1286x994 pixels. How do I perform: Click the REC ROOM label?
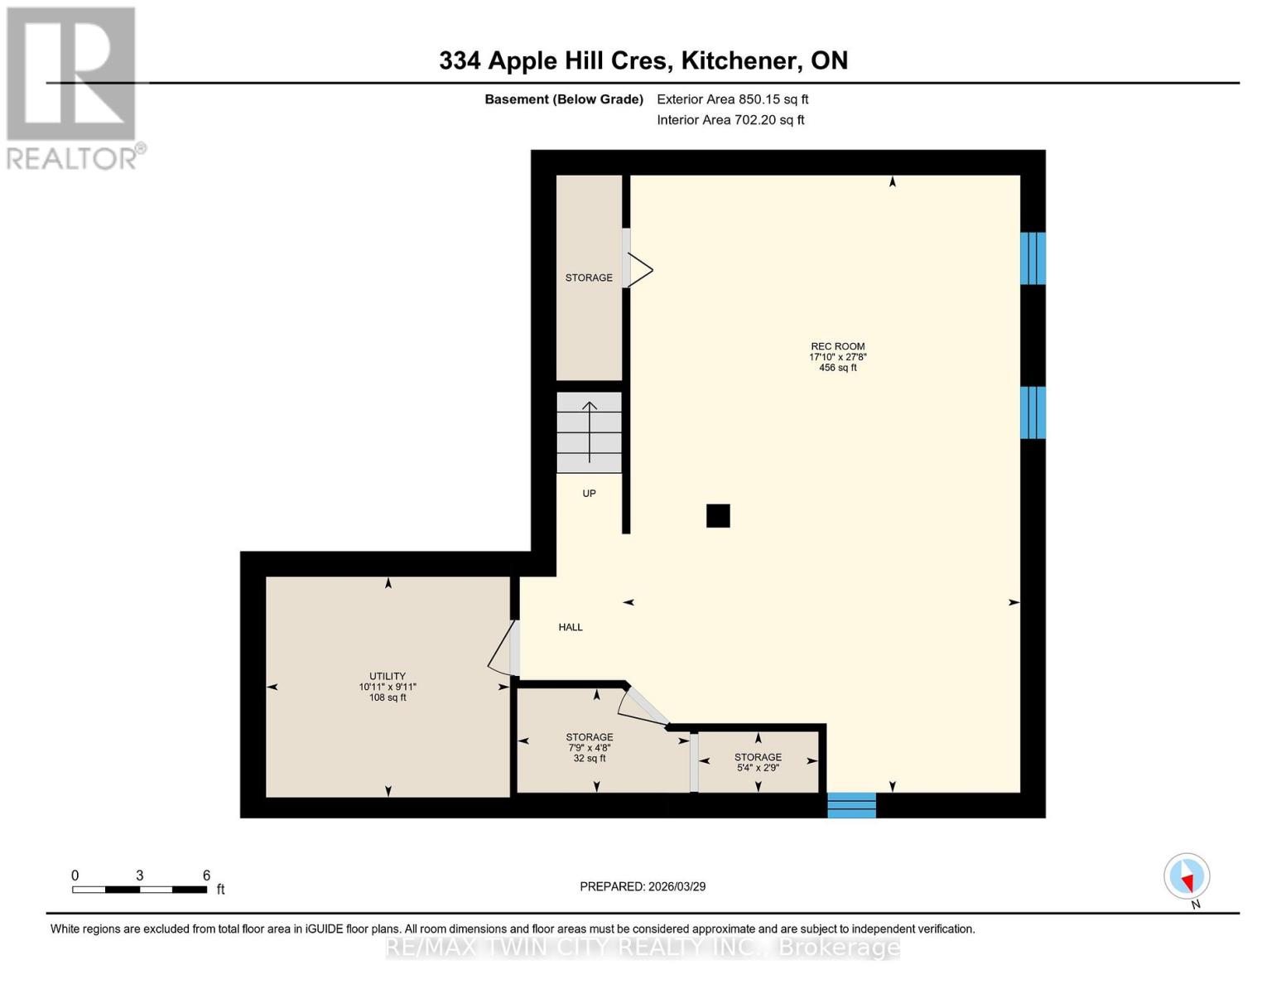pos(837,346)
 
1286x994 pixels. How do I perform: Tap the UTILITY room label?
pos(387,676)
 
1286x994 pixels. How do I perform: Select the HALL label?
pos(571,627)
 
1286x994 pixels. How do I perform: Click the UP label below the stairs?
pos(589,493)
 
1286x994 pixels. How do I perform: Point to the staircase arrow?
pos(590,432)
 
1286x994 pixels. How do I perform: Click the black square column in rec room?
pos(718,516)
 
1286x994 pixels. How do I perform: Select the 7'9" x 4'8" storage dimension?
pos(589,747)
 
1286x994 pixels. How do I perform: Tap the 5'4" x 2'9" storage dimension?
pos(758,768)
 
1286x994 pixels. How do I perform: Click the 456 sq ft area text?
pos(837,368)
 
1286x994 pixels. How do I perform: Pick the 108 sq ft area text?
pos(387,697)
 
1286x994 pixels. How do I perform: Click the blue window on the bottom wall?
pos(851,805)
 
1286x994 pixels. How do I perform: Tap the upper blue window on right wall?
pos(1033,258)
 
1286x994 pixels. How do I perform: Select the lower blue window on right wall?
pos(1033,413)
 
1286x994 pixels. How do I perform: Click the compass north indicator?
pos(1187,876)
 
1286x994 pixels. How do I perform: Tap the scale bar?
pos(139,890)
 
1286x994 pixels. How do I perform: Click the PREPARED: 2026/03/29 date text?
pos(643,886)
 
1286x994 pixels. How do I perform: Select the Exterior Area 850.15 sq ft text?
pos(732,99)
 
